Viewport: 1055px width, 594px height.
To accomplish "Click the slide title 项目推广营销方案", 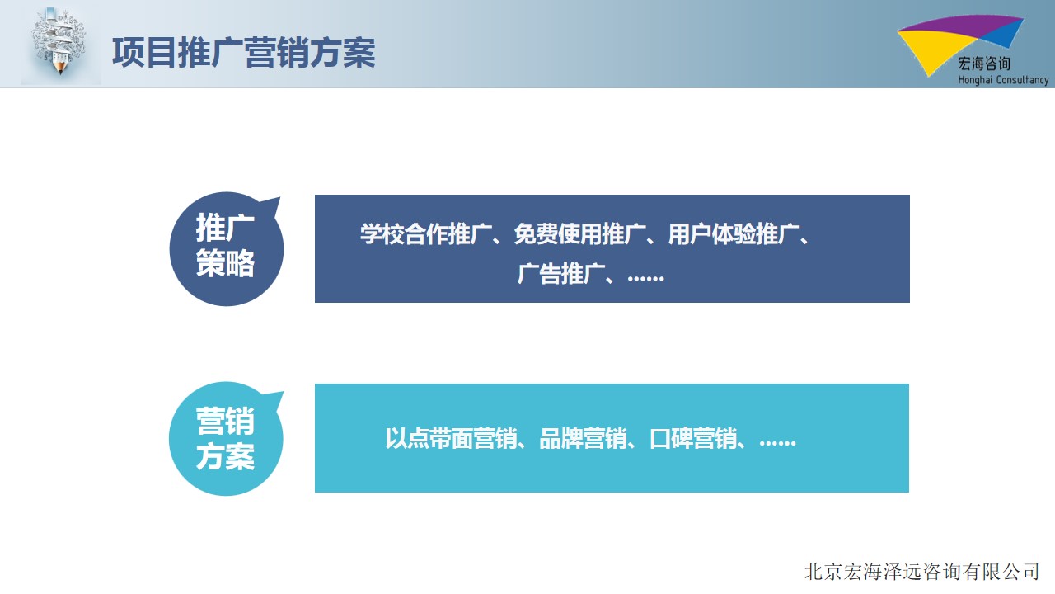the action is pos(243,52).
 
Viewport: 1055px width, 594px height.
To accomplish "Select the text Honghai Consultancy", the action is pos(1003,80).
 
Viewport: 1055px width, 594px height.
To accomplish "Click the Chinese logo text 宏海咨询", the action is pos(984,64).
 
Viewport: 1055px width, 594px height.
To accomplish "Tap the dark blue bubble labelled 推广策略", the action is pos(226,249).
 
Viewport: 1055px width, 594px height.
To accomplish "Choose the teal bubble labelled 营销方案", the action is pos(226,438).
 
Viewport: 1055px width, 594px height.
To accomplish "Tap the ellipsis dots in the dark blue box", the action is pos(645,279).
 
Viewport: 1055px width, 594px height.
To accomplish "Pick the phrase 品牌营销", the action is pos(583,438).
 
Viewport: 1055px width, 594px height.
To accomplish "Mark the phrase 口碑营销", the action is pos(693,438).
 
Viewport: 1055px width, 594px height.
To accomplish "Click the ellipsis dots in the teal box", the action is pos(777,443).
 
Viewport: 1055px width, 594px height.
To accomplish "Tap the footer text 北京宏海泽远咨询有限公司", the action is pos(921,572).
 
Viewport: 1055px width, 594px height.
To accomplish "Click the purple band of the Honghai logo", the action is pos(961,26).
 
